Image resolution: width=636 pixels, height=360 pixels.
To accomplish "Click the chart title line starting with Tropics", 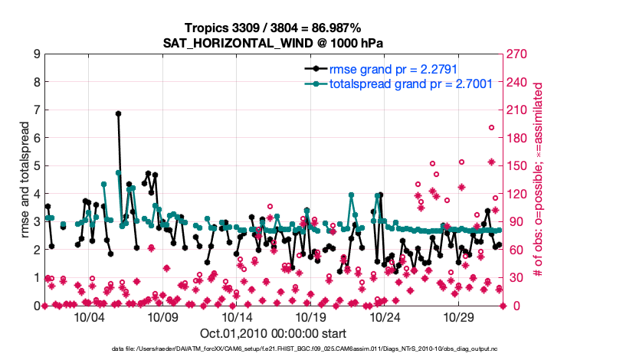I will coord(274,28).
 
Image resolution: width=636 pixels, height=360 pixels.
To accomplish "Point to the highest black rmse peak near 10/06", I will coord(118,113).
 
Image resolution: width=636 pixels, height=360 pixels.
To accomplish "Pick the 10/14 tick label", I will coord(238,317).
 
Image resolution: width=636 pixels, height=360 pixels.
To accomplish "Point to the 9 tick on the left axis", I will coord(37,54).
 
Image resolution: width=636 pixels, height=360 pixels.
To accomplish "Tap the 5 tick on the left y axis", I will coord(37,166).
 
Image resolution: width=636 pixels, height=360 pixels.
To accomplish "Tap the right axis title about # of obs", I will coord(541,180).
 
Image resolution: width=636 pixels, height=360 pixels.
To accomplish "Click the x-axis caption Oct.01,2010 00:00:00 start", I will coord(273,333).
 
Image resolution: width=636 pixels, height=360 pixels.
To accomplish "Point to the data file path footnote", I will coord(273,349).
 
